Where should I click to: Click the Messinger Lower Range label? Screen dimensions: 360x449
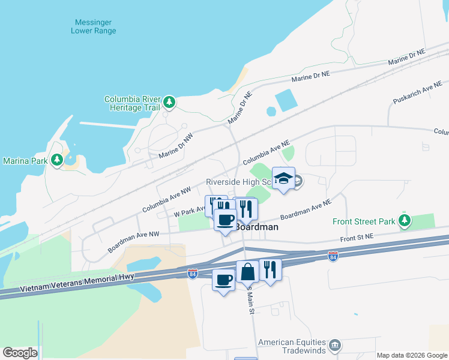(94, 26)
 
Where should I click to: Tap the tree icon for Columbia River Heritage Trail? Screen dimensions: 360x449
(170, 103)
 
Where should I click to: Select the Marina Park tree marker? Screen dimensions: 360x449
(57, 160)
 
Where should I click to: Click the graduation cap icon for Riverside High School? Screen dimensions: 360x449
(284, 178)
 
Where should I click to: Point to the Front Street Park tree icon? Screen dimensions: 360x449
(405, 221)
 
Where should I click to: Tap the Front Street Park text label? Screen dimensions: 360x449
(364, 221)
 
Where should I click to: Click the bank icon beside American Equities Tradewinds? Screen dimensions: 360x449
(336, 346)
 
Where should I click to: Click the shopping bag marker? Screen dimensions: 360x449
(247, 272)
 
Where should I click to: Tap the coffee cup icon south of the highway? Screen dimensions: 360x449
(224, 280)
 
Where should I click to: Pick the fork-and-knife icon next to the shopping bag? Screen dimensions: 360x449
(270, 270)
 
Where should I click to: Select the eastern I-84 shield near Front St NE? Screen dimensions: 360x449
(333, 257)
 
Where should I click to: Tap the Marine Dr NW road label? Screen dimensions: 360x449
(176, 146)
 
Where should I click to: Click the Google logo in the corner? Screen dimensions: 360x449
(20, 353)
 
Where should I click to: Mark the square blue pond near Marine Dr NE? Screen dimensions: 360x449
(286, 100)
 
